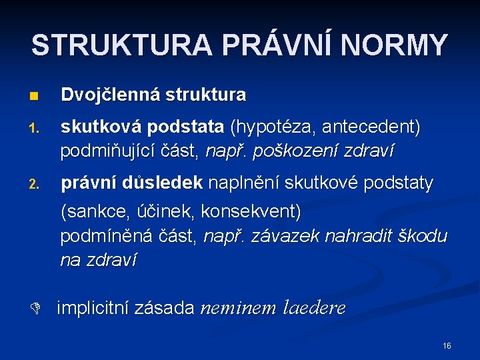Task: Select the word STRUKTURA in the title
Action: [122, 45]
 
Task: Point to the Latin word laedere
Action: [314, 308]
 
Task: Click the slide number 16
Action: [447, 345]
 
